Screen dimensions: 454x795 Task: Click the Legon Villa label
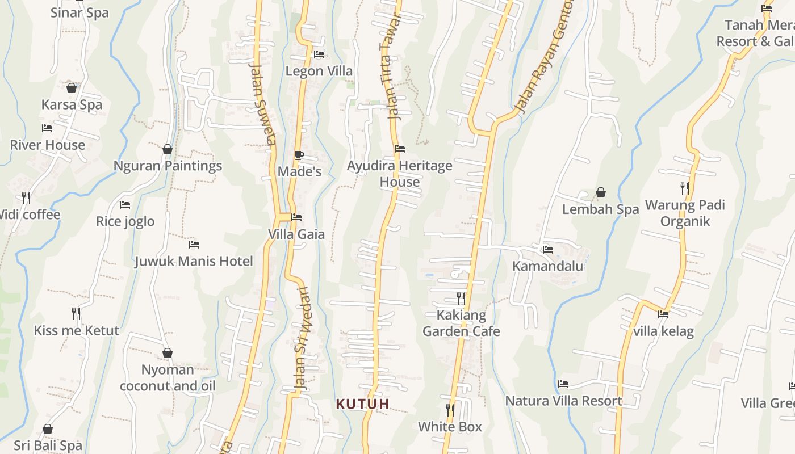point(319,72)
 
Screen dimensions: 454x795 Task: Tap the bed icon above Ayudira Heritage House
point(400,149)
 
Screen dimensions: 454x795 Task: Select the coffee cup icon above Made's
point(299,155)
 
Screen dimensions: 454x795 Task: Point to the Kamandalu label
point(548,266)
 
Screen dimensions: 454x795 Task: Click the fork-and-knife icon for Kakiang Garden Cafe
point(461,297)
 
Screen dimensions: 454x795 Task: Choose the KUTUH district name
point(363,404)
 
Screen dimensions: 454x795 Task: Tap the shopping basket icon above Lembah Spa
point(600,193)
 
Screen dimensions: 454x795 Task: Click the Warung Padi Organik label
point(685,213)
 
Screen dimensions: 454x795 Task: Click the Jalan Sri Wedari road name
point(301,340)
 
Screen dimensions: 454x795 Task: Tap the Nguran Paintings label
point(168,166)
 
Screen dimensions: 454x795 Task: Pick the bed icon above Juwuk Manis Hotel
point(194,245)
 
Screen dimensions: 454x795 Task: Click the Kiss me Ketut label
point(77,331)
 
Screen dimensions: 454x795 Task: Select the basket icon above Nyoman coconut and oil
point(168,353)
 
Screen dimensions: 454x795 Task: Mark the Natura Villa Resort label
point(564,401)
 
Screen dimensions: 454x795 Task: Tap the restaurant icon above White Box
point(450,409)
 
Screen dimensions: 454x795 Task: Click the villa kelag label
point(663,331)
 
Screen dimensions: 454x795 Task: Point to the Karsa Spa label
point(72,105)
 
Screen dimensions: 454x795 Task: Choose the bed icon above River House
point(47,128)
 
